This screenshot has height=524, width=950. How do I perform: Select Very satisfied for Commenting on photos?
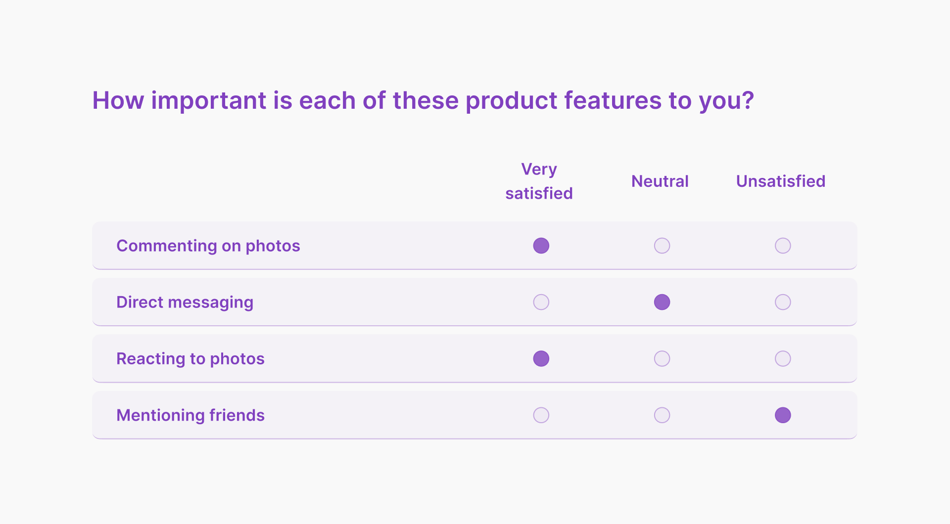click(541, 246)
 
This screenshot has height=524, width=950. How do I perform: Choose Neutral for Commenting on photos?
click(662, 246)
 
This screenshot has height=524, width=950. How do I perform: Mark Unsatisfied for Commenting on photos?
click(783, 246)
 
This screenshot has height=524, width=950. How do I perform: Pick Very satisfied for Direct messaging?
click(541, 302)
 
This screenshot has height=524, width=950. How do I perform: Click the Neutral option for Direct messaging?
click(662, 302)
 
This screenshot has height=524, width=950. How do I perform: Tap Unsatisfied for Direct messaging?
click(783, 302)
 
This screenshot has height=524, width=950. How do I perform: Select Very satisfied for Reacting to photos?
click(541, 358)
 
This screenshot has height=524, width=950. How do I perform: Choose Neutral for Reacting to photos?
click(662, 358)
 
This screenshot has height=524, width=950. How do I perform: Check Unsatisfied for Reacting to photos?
click(783, 358)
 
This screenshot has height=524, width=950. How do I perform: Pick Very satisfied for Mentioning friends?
click(541, 415)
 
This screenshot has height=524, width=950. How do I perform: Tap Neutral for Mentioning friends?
click(662, 415)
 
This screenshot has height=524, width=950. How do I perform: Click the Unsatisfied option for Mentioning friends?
click(783, 415)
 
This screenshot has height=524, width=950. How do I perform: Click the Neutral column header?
click(660, 181)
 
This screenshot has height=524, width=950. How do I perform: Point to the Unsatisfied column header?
click(781, 181)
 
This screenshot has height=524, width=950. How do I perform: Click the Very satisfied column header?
click(539, 181)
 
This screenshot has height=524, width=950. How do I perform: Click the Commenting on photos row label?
click(208, 246)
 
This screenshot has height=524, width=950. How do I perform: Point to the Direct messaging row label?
click(185, 302)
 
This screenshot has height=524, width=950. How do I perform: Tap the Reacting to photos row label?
click(190, 358)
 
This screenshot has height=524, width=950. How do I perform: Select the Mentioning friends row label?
click(190, 415)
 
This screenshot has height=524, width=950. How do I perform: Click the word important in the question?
click(209, 101)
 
